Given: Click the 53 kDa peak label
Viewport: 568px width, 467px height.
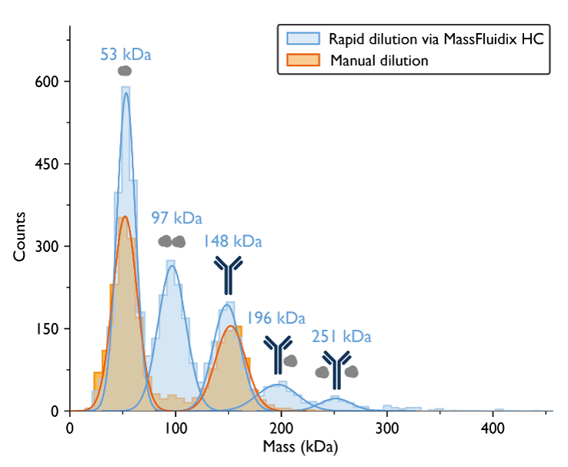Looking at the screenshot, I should (x=125, y=55).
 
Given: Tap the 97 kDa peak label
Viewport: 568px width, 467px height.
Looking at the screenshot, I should (x=175, y=219).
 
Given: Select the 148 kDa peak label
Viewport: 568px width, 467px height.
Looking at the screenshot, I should (x=232, y=242).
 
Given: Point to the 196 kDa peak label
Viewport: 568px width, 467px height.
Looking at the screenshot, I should (x=276, y=317).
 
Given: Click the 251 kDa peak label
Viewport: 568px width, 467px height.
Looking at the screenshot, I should (x=341, y=337).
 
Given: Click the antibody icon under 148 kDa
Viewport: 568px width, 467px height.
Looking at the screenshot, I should (x=228, y=275).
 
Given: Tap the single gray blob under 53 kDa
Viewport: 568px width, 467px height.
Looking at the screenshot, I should (x=125, y=71).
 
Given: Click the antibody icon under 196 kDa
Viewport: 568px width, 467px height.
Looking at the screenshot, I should (x=277, y=353).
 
